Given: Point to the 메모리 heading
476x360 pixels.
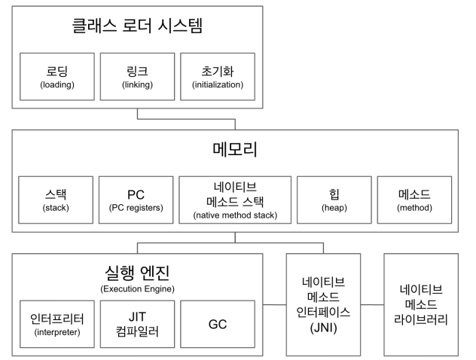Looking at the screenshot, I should [235, 148].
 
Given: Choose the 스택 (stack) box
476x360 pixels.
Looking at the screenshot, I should [57, 199].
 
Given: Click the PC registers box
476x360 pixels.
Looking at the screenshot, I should [137, 199].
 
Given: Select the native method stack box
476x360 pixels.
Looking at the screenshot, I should [235, 199].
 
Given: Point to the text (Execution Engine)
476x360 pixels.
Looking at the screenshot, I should [137, 288].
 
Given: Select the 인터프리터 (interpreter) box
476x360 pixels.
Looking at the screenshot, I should [57, 324].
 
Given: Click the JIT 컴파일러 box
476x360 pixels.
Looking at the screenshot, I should [137, 324].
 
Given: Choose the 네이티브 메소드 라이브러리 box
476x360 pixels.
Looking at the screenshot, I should [421, 304].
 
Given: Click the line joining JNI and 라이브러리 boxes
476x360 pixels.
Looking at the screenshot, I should [372, 304].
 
